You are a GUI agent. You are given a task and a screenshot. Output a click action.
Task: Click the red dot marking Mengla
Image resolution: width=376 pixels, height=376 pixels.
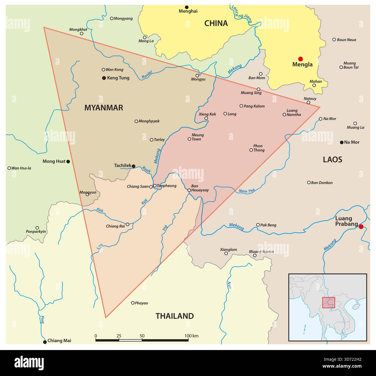[x=301, y=59]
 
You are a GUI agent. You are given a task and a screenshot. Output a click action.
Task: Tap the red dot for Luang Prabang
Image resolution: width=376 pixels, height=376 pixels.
[x=361, y=227]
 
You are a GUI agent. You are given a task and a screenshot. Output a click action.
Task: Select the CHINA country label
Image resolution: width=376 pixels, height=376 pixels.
[x=216, y=23]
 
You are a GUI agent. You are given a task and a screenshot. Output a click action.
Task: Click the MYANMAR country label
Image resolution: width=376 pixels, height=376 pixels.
[x=104, y=108]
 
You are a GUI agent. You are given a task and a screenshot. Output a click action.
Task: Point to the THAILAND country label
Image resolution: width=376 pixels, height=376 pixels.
[x=175, y=316]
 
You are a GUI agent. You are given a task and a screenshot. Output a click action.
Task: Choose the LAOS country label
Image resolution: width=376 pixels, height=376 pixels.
[x=333, y=160]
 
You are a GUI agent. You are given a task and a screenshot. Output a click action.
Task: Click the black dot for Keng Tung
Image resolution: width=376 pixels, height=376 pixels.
[x=104, y=78]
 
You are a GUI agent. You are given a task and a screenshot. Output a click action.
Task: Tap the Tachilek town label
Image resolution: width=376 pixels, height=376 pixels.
[x=123, y=165]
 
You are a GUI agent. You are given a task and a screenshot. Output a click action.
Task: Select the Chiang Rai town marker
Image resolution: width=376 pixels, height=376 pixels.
[x=128, y=224]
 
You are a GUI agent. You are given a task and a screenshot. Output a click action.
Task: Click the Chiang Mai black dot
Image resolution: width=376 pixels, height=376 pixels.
[x=45, y=342]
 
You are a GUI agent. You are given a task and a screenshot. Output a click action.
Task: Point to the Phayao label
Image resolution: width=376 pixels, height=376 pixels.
[x=141, y=303]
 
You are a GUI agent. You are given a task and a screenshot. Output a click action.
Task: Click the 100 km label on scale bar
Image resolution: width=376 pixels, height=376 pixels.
[x=191, y=336]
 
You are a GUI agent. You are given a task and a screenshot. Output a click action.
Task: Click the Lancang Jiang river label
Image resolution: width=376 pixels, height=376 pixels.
[x=241, y=14]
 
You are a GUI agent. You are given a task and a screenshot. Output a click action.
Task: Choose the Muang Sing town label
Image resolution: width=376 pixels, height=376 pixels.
[x=251, y=93]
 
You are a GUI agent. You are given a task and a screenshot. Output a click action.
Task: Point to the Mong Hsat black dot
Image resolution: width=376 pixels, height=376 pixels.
[x=68, y=162]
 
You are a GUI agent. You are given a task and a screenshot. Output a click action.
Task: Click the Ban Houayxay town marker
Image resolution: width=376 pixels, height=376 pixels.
[x=189, y=190]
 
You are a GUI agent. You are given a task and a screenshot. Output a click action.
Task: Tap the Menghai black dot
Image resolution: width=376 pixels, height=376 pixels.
[x=187, y=7]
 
